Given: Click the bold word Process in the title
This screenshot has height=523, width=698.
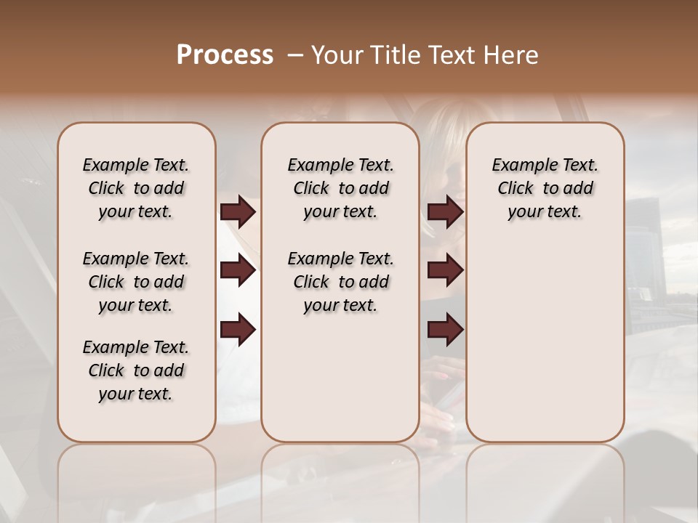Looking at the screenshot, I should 225,55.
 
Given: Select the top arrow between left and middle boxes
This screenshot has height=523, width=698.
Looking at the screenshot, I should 238,212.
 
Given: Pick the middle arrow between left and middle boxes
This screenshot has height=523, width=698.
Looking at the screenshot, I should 238,271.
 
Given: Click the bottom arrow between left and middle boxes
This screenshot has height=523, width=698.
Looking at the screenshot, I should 238,331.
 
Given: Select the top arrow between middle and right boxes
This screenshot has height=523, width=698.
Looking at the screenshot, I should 446,212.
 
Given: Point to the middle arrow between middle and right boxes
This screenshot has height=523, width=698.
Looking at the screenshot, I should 446,271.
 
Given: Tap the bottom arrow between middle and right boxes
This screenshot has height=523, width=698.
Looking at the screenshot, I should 446,331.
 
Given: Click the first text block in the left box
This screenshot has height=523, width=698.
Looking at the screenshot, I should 136,188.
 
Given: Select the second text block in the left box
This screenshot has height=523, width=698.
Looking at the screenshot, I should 136,282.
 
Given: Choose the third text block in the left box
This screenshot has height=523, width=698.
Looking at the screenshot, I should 136,370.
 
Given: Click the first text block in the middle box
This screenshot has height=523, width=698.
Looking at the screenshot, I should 340,188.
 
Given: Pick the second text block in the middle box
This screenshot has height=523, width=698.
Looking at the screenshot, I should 340,282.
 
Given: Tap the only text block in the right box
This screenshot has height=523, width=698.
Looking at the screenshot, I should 545,188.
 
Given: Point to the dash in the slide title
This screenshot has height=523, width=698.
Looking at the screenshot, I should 295,55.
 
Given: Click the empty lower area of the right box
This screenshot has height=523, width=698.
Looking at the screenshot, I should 545,341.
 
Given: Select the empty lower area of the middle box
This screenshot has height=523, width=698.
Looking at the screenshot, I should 340,378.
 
